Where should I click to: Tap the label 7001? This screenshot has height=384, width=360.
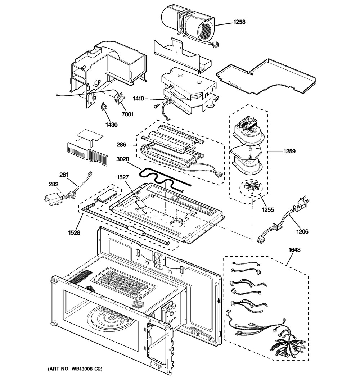tap(127, 114)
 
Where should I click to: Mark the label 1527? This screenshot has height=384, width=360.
tap(122, 177)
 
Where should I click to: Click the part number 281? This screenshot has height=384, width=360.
tap(63, 175)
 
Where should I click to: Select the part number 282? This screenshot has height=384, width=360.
tap(53, 184)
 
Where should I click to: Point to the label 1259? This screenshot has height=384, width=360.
tap(289, 152)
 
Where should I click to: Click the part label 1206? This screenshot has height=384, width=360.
tap(302, 232)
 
